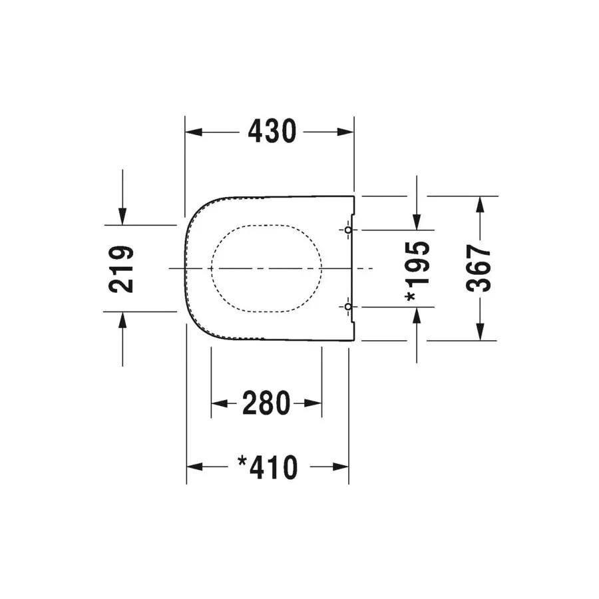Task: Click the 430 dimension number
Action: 272,131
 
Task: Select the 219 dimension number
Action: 122,270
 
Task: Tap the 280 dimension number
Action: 266,403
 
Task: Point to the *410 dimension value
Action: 268,467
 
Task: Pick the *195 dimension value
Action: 418,271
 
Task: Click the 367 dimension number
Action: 479,269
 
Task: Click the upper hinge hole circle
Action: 348,230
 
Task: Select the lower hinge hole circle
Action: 348,307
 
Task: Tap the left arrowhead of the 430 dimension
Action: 194,132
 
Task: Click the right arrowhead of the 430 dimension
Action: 345,132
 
